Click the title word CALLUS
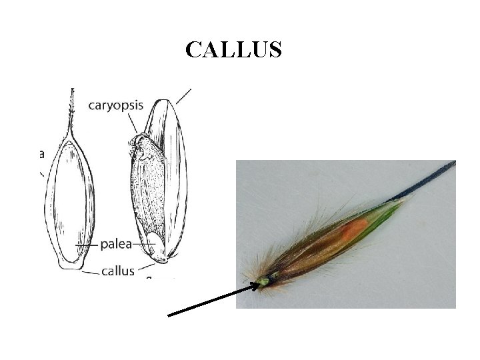[233, 49]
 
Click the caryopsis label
[115, 105]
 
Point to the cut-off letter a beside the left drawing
[41, 154]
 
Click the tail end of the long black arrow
[170, 315]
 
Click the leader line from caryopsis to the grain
[135, 123]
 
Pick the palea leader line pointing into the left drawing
[87, 245]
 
